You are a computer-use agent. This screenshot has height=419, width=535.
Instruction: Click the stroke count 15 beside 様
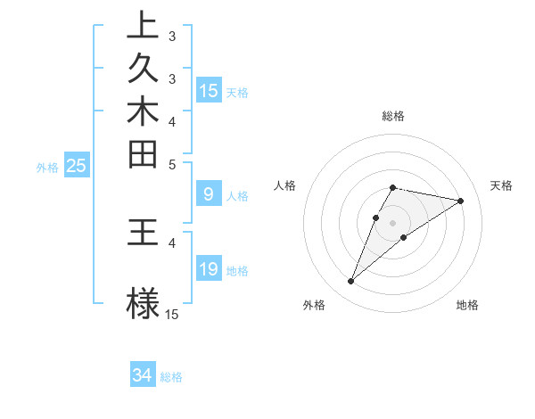172,314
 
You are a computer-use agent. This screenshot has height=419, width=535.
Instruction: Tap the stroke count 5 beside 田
172,165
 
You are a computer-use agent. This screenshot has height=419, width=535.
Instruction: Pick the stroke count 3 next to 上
172,37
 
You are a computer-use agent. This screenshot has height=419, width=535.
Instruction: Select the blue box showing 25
76,166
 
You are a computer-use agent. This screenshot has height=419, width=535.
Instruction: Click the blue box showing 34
143,375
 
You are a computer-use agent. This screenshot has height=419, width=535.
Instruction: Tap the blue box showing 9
208,193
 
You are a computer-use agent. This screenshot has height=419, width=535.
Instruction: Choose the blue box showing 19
209,269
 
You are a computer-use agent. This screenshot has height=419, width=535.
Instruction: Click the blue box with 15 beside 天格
209,91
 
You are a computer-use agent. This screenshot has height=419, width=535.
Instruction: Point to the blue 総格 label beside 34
171,377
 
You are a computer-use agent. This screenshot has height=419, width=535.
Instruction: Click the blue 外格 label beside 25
47,167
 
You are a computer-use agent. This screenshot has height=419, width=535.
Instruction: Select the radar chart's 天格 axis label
501,185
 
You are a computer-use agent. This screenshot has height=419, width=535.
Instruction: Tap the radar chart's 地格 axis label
467,305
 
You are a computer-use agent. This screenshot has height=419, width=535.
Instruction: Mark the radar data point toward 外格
351,282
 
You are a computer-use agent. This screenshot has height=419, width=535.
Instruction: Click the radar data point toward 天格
460,201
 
